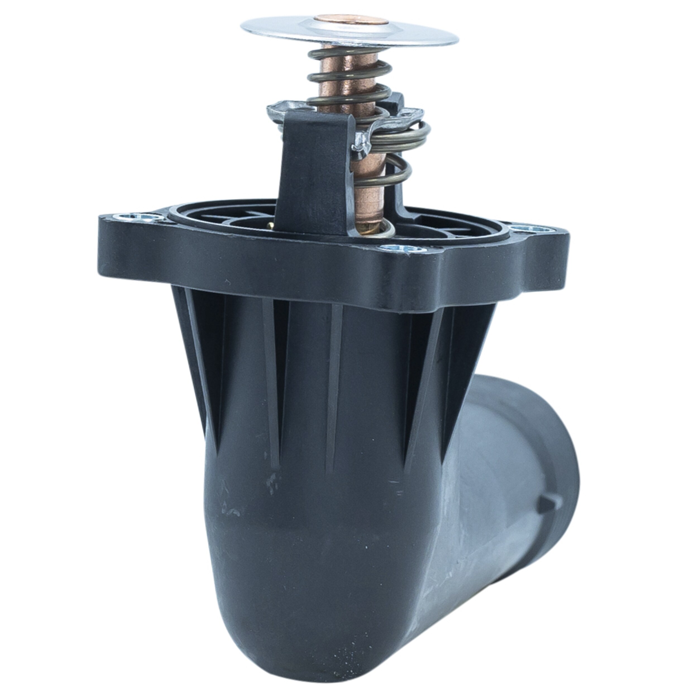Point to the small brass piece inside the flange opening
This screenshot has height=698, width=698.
click(270, 226)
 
